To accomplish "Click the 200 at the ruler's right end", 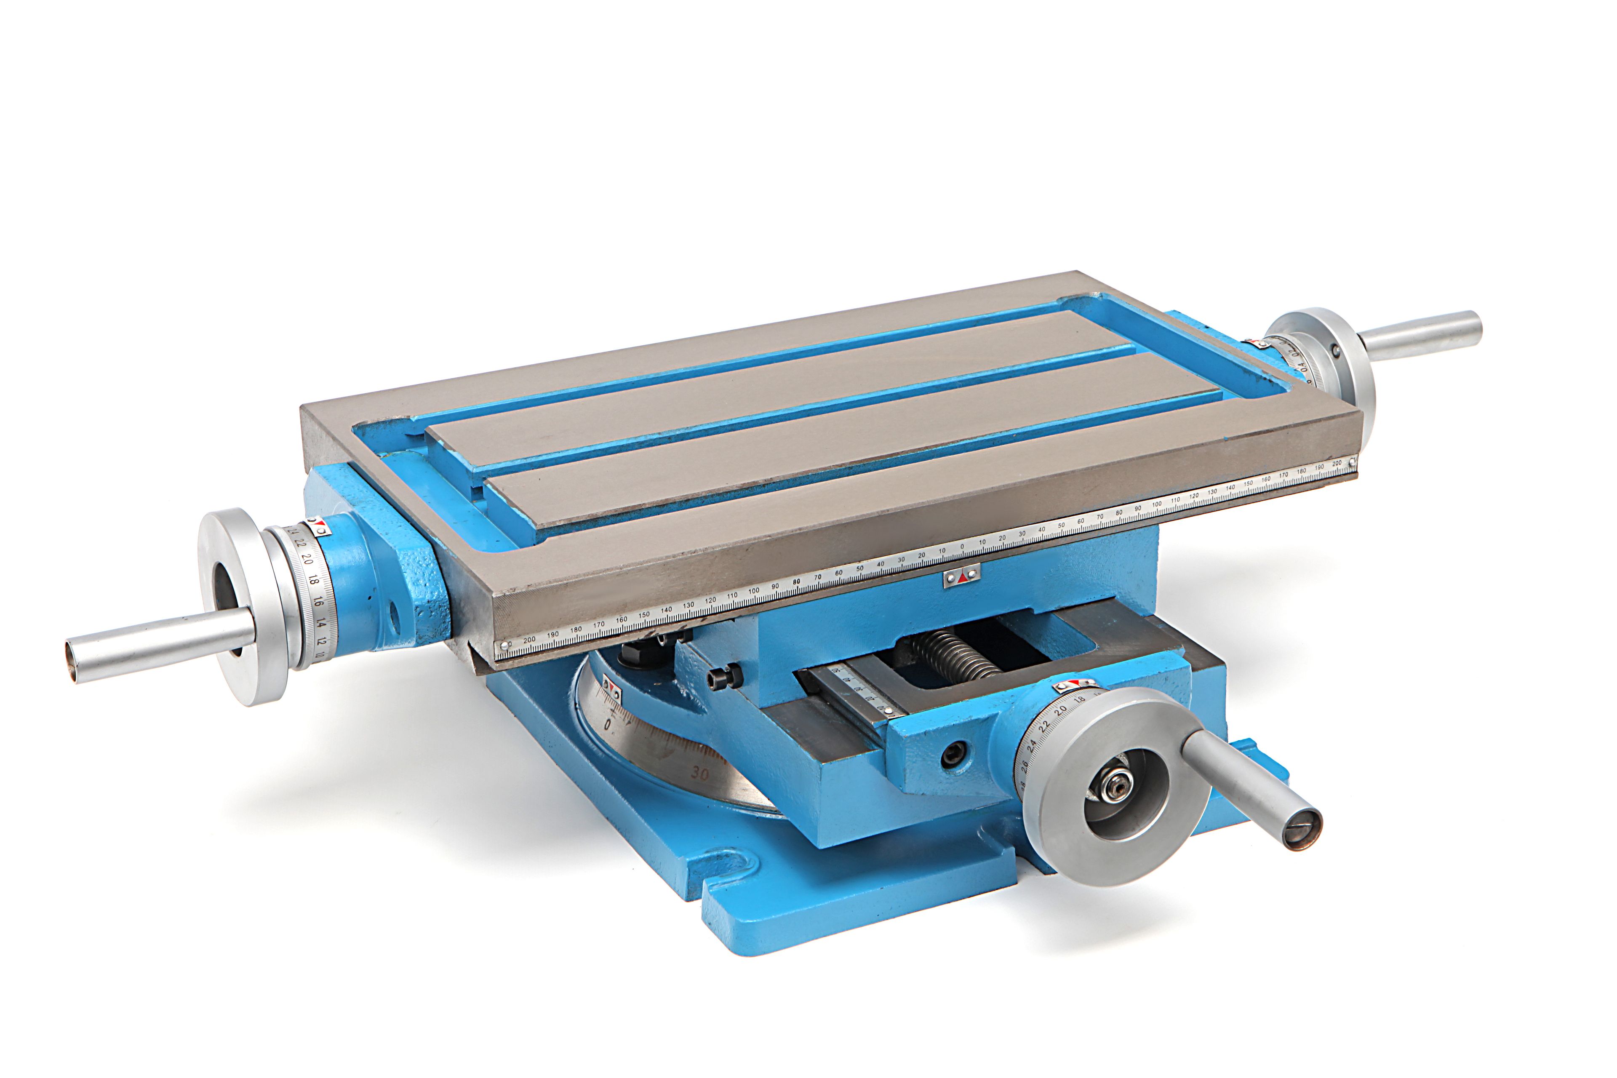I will click(1336, 464).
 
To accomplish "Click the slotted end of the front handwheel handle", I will click(1303, 830).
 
